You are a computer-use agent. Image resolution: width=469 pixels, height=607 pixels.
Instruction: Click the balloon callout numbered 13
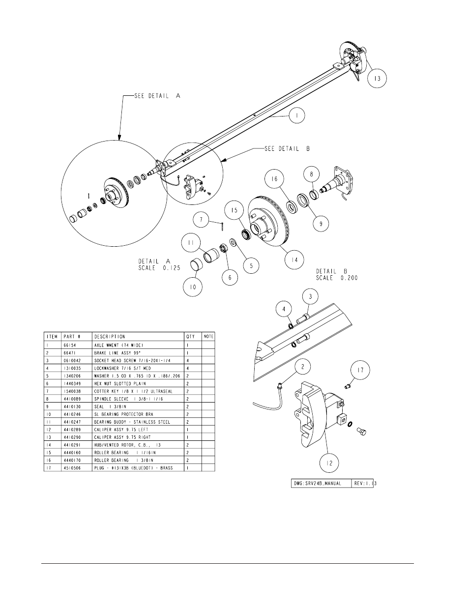coord(377,78)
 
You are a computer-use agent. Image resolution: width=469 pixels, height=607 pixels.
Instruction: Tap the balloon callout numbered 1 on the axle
coord(297,116)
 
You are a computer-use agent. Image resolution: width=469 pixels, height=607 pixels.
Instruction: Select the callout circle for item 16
coord(275,179)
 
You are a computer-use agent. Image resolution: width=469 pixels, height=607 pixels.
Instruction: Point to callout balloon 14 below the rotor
coord(294,259)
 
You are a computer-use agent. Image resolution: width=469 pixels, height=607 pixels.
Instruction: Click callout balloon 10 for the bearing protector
coord(193,287)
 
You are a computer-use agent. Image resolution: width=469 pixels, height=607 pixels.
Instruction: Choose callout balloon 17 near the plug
coord(360,371)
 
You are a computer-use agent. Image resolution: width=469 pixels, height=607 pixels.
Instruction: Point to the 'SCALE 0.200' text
coord(337,278)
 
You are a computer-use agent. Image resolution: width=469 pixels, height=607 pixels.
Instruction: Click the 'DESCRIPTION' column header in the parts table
coord(110,337)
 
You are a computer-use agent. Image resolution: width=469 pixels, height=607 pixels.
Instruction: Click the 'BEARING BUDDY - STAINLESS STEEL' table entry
coord(132,422)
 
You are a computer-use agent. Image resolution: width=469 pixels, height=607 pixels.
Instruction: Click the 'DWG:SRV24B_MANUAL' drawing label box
coord(322,484)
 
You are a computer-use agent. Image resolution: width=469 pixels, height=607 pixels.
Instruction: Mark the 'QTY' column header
coord(191,337)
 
